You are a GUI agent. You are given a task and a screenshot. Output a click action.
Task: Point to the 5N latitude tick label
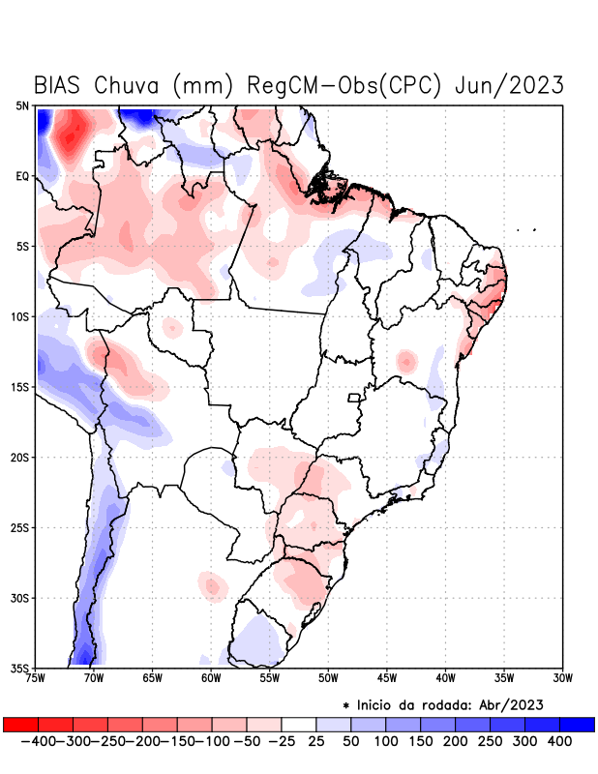coord(22,105)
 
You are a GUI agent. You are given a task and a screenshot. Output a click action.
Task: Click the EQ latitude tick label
coord(22,176)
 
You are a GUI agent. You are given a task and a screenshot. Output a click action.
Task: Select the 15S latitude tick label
coord(20,387)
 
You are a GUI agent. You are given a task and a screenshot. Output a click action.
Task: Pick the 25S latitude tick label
coord(20,527)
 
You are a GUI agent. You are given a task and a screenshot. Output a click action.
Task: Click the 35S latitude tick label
coord(20,668)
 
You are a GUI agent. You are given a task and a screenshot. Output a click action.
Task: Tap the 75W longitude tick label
coord(37,677)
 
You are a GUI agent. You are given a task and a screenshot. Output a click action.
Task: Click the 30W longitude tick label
coord(563,677)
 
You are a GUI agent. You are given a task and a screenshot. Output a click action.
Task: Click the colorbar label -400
coord(37,740)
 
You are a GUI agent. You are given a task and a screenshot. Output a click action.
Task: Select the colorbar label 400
coord(559,740)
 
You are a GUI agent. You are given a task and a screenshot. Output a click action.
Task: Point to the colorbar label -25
coord(281,740)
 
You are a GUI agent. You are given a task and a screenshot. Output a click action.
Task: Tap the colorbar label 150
coord(420,740)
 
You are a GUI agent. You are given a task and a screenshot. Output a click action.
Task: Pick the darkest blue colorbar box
coord(577,725)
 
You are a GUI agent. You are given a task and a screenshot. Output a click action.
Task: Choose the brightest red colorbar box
coord(20,725)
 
